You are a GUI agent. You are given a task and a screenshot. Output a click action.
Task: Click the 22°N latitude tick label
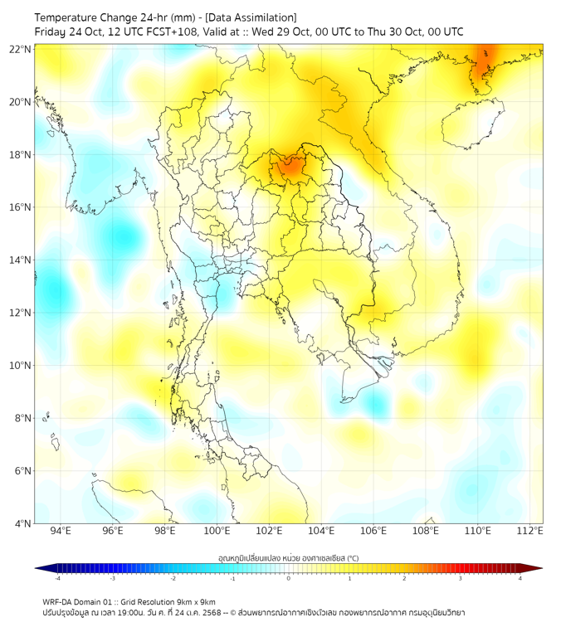tap(21, 49)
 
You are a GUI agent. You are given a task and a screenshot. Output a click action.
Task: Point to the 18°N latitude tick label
tap(21, 154)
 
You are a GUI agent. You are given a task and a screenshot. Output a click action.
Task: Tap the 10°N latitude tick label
tap(21, 365)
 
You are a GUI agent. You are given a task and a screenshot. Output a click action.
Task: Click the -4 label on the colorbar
tap(56, 578)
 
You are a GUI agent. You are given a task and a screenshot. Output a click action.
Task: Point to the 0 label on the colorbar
tap(289, 578)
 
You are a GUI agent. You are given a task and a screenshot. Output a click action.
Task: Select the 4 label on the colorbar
tap(520, 578)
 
